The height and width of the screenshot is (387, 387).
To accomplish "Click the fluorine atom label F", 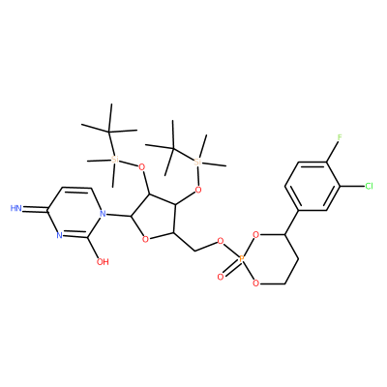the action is click(340, 137).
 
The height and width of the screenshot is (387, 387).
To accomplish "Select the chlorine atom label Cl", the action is click(369, 186).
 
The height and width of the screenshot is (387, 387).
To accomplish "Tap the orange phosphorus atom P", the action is click(242, 258).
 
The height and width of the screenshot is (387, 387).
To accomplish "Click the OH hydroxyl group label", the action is click(103, 262).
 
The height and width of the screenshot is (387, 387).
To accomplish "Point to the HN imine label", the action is click(16, 208).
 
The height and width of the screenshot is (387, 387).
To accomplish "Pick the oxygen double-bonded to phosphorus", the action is click(221, 277).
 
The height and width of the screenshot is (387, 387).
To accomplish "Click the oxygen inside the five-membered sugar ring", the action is click(145, 239).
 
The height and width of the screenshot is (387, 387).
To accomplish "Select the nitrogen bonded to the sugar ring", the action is click(103, 213).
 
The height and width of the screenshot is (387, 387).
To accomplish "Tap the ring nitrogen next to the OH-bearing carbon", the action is click(59, 235).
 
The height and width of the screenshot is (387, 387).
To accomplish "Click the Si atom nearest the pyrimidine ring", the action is click(113, 160).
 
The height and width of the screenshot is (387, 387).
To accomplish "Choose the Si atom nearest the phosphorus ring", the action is click(198, 162).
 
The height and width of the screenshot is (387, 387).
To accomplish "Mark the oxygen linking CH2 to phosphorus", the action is click(221, 240).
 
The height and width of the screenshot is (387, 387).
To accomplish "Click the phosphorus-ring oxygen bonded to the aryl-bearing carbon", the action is click(255, 234).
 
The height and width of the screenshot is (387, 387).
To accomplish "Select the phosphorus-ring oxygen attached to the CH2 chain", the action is click(255, 283).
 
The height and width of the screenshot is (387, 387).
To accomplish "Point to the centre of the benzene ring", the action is click(313, 186).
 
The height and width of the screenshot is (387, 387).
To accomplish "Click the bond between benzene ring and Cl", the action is click(352, 186).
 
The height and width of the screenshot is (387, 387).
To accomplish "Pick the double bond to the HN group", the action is click(35, 210).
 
